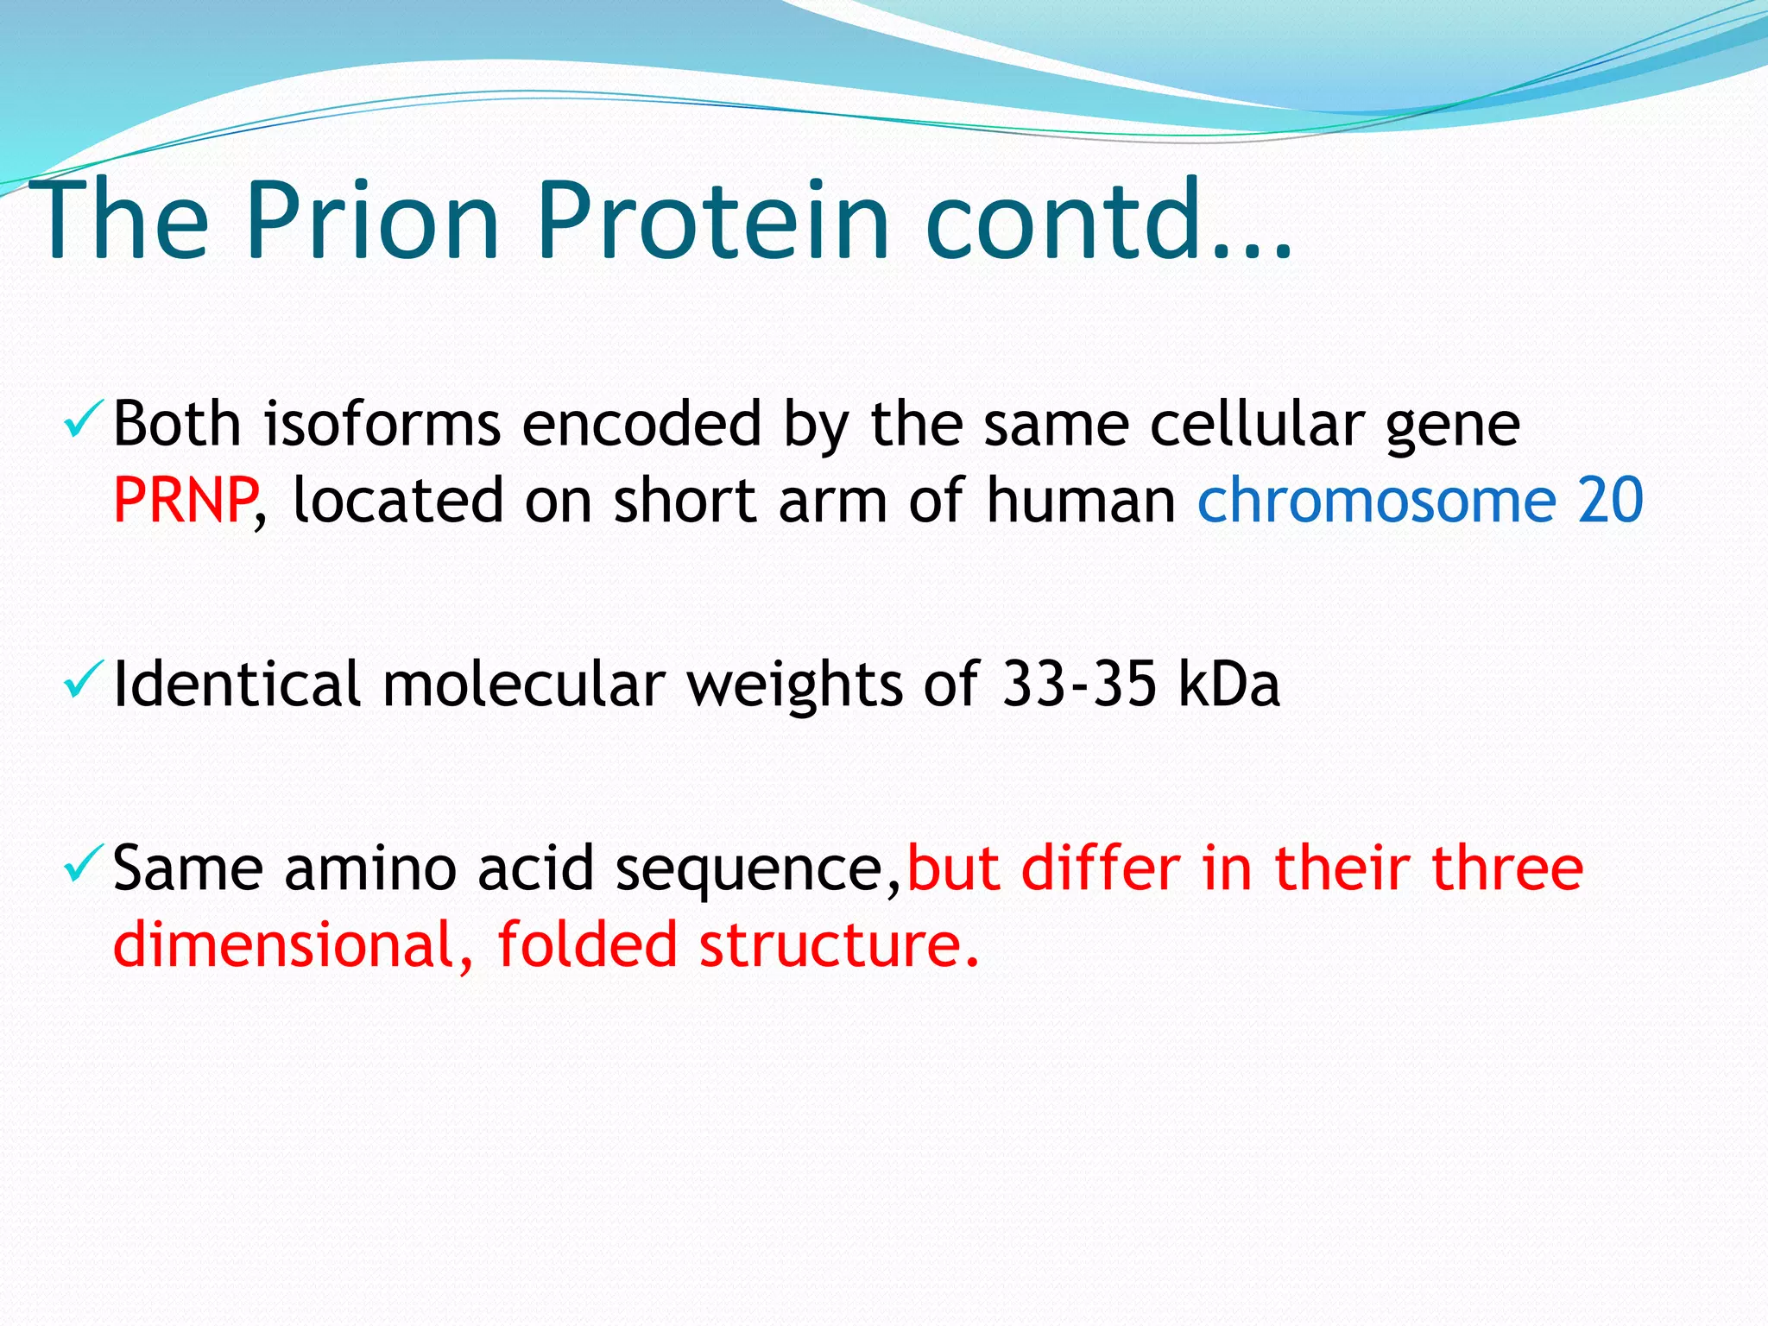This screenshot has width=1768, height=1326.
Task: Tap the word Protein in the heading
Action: coord(712,220)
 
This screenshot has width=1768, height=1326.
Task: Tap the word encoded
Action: coord(641,425)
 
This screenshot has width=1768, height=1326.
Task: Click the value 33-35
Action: coord(1079,685)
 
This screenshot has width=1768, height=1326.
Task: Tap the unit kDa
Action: coord(1228,685)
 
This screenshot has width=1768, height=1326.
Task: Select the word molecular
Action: coord(524,685)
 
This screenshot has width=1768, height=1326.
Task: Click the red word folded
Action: coord(588,944)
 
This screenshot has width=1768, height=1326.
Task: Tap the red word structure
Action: coord(837,944)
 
